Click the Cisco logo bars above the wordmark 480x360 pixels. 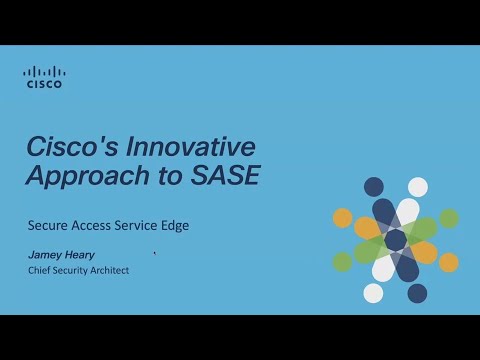43,72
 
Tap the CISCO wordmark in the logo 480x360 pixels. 43,85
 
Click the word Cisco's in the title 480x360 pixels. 68,147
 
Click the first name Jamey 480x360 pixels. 45,255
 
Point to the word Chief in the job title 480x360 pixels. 39,270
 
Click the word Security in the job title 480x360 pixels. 73,270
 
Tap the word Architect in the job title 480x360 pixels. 112,270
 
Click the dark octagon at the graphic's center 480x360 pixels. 396,240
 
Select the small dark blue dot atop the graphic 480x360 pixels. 374,187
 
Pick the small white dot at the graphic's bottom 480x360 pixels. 373,293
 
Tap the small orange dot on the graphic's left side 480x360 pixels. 343,218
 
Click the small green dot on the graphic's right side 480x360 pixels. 449,218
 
